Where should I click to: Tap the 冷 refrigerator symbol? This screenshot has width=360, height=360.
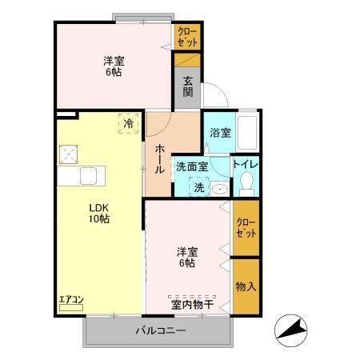pos(129,124)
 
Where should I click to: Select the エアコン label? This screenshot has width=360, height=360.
pos(71,301)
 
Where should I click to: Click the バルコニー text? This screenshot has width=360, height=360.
pos(160,330)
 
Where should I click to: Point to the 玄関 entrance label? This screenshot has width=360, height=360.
pos(187,86)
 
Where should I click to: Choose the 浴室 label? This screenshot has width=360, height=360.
pos(220,133)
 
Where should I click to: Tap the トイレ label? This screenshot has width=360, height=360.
pos(245,165)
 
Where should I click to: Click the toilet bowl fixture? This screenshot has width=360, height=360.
pos(245,185)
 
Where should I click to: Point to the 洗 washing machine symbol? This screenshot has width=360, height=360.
pos(197,187)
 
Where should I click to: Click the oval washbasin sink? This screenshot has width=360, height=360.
pos(218,189)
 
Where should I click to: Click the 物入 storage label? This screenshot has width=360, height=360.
pos(246,286)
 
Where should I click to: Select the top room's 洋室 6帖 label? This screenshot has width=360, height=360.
pos(113,66)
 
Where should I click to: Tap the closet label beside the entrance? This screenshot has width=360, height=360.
pos(187,36)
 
